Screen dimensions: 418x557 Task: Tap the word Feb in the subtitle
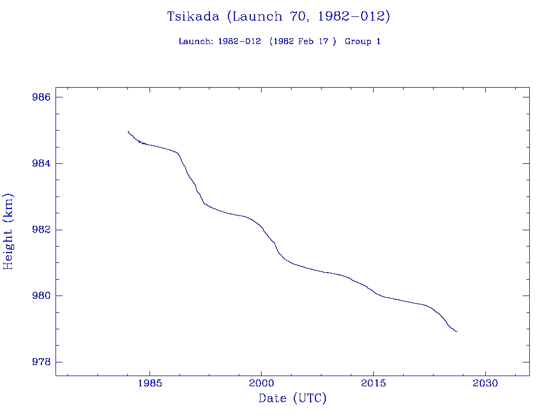pyautogui.click(x=307, y=41)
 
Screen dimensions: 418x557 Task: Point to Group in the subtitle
pyautogui.click(x=357, y=41)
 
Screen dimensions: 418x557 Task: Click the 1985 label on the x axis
pyautogui.click(x=149, y=384)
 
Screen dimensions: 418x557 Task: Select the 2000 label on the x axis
pyautogui.click(x=261, y=384)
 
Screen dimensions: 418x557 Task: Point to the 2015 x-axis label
pyautogui.click(x=373, y=384)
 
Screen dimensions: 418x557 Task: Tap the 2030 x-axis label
pyautogui.click(x=485, y=384)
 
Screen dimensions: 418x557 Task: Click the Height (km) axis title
pyautogui.click(x=8, y=231)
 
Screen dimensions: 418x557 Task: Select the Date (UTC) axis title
pyautogui.click(x=293, y=399)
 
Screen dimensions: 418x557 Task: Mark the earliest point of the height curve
pyautogui.click(x=128, y=131)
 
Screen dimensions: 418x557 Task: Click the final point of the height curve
pyautogui.click(x=457, y=331)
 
